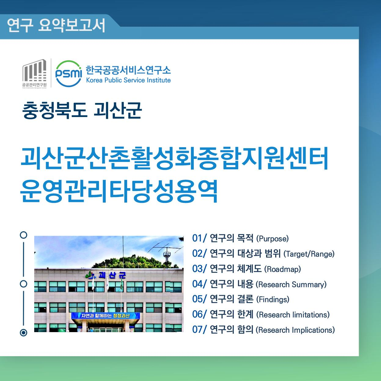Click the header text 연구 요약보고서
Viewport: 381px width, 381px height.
coord(56,25)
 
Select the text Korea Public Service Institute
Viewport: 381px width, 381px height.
coord(128,80)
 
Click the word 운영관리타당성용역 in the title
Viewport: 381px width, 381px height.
coord(119,192)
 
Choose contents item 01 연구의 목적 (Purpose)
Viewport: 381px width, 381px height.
coord(240,238)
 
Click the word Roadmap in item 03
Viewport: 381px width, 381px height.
coord(282,269)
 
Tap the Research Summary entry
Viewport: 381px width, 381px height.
coord(291,284)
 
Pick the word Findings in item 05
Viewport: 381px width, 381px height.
coord(273,299)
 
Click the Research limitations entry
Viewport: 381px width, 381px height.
coord(293,315)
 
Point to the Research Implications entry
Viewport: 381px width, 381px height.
coord(295,330)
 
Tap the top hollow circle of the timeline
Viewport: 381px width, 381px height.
coord(24,235)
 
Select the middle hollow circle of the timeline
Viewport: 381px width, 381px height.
coord(24,284)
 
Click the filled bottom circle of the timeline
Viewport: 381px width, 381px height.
coord(24,332)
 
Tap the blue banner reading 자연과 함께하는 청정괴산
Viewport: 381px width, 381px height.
coord(105,316)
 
